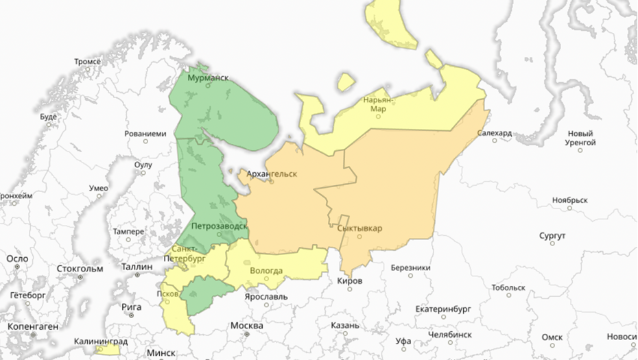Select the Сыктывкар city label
pyautogui.click(x=360, y=228)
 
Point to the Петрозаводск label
pyautogui.click(x=220, y=225)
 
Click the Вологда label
pyautogui.click(x=266, y=270)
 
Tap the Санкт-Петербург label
pyautogui.click(x=185, y=254)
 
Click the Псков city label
pyautogui.click(x=168, y=293)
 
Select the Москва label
pyautogui.click(x=247, y=325)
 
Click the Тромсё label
pyautogui.click(x=87, y=62)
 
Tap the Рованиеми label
pyautogui.click(x=145, y=133)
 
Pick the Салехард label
pyautogui.click(x=494, y=133)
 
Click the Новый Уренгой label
pyautogui.click(x=580, y=138)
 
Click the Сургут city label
pyautogui.click(x=552, y=236)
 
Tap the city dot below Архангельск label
pyautogui.click(x=271, y=181)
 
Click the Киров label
pyautogui.click(x=350, y=281)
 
